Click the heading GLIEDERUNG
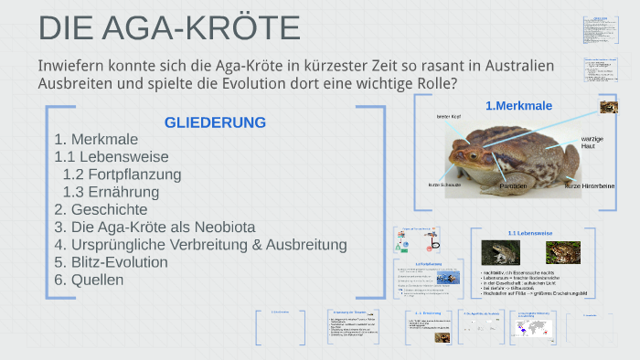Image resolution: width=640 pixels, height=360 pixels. (215, 122)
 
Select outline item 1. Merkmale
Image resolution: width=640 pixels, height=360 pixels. (96, 140)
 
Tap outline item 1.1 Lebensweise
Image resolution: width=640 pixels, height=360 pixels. (112, 157)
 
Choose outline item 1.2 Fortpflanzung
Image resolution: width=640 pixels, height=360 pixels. (122, 175)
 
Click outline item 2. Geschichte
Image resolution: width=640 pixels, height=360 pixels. (101, 209)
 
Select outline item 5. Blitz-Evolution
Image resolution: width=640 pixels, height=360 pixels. (111, 262)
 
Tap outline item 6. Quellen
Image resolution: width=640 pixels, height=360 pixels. (89, 280)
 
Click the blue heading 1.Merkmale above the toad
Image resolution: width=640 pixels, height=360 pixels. (518, 106)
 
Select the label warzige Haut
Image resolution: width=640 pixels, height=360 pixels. (592, 142)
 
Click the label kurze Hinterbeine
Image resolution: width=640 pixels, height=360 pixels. (589, 185)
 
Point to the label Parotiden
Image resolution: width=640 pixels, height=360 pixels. (513, 185)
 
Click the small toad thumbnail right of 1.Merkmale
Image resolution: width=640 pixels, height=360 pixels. (608, 108)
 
